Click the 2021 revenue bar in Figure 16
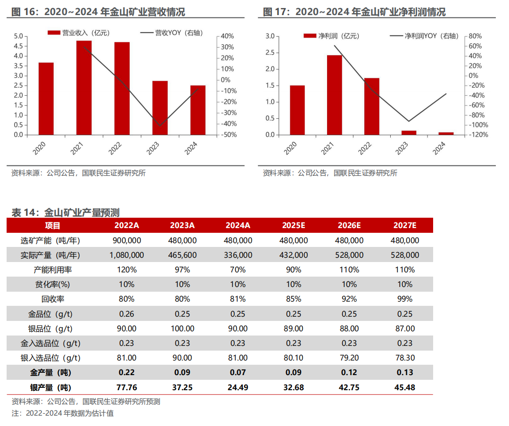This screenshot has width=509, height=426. coord(84,88)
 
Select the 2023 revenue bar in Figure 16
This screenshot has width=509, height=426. coord(160,108)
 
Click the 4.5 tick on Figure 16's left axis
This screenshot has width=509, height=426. coord(18,46)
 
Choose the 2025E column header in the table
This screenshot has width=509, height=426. coord(294,225)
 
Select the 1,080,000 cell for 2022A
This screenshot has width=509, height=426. coord(126,255)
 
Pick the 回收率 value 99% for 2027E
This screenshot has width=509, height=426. coord(405,299)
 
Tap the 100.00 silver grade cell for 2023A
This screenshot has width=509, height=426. coord(182,328)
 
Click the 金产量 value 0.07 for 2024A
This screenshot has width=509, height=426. coord(238,372)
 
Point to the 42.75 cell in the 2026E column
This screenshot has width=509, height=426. coord(349,387)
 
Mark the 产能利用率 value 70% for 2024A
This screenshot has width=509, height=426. coord(238,270)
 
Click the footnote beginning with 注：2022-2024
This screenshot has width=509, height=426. coord(63,413)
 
